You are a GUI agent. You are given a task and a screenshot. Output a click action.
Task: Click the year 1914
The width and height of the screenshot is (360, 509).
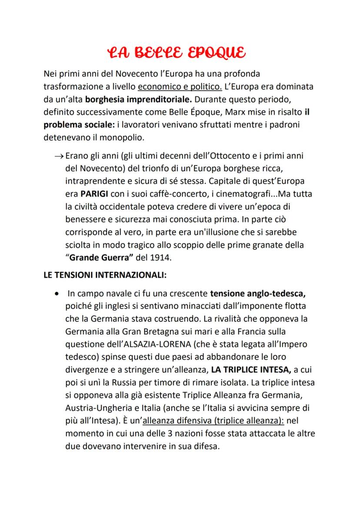point(160,258)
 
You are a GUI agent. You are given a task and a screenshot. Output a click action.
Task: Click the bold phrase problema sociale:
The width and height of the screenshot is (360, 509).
point(79,124)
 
